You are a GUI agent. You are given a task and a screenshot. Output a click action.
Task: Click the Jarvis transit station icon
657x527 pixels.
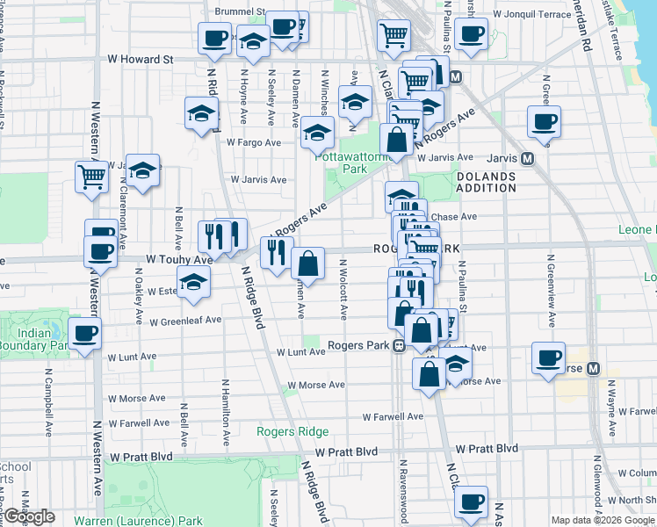click(527, 158)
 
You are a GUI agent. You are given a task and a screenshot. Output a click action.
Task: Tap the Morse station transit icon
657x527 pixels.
click(593, 368)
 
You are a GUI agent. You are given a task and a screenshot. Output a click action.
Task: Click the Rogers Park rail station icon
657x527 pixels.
click(398, 345)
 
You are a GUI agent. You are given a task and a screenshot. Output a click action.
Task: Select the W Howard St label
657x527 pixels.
click(140, 60)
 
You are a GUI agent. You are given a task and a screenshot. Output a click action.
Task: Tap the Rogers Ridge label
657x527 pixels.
click(292, 431)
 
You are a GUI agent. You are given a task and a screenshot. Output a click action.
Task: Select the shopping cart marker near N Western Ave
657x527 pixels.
click(91, 176)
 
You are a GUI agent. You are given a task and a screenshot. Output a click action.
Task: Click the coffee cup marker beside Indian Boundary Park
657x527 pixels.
click(86, 333)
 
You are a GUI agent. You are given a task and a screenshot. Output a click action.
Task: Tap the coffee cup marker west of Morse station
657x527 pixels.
click(549, 357)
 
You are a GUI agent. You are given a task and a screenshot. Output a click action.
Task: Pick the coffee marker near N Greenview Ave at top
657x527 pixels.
click(544, 121)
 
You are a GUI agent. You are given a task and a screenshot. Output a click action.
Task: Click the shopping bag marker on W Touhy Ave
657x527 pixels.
click(308, 262)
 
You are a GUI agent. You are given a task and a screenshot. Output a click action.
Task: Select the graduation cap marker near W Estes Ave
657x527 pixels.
click(193, 282)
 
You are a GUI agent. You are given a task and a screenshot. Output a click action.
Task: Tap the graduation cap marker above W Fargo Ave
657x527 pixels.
click(318, 134)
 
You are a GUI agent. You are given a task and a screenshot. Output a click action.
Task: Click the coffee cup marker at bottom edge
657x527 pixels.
click(472, 502)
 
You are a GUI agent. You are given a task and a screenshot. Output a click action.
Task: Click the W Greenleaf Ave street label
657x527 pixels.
click(185, 321)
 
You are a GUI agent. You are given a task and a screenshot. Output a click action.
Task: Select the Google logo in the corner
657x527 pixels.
click(28, 516)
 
